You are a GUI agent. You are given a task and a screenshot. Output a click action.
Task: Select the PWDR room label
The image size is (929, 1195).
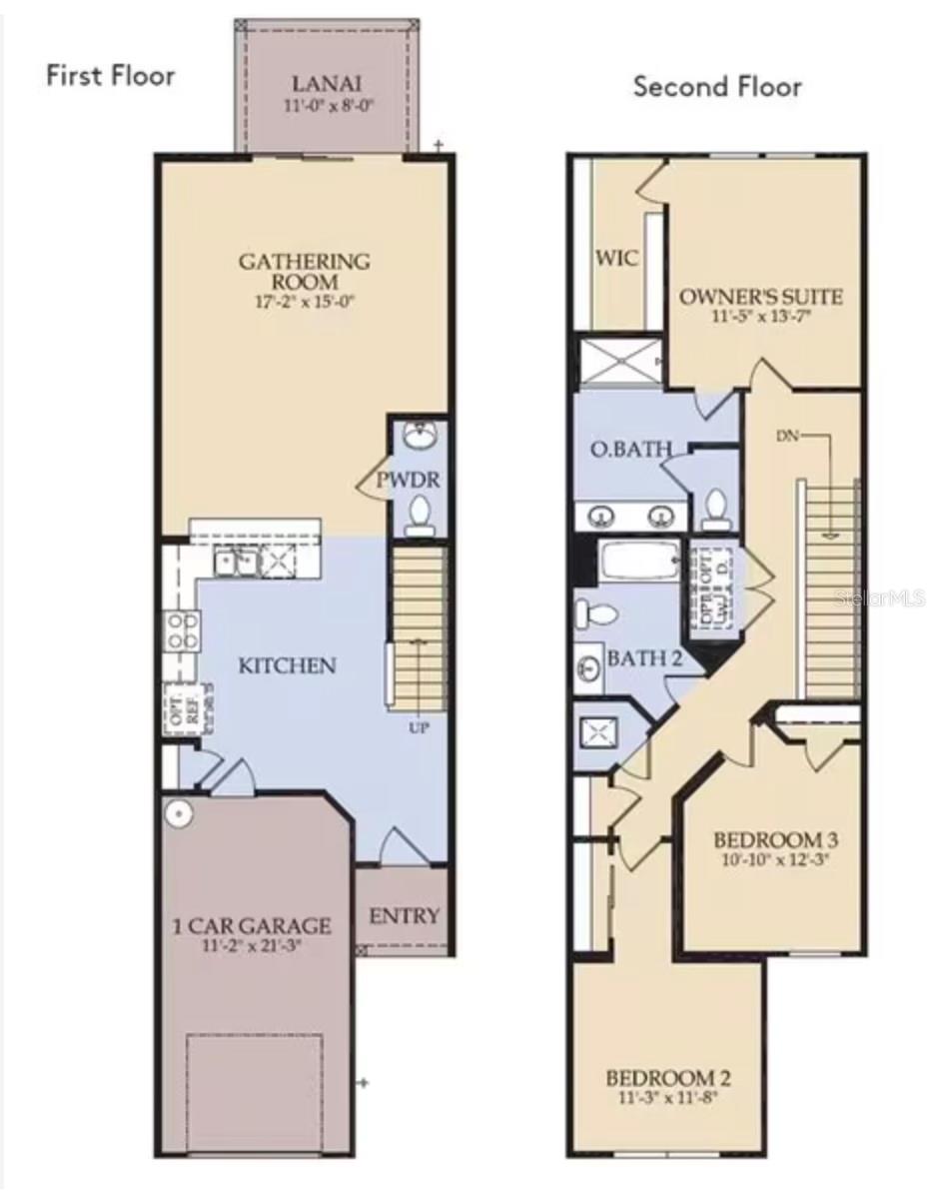tap(408, 481)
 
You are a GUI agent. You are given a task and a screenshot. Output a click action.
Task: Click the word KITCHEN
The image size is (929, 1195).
tap(287, 665)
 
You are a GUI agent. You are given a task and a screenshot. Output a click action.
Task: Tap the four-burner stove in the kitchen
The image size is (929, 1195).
tap(181, 631)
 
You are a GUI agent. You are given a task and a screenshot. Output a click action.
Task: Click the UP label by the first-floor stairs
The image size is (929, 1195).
tap(419, 727)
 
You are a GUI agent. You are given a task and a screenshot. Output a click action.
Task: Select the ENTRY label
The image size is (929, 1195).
tap(405, 915)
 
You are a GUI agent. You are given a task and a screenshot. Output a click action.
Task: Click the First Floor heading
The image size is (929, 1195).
tap(110, 77)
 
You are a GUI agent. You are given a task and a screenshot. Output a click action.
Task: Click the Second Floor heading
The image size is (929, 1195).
tap(717, 87)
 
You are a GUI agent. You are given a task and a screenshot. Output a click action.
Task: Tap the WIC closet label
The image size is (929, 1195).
tap(616, 258)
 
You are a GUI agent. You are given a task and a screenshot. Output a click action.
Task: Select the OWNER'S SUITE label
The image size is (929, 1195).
tap(761, 297)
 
